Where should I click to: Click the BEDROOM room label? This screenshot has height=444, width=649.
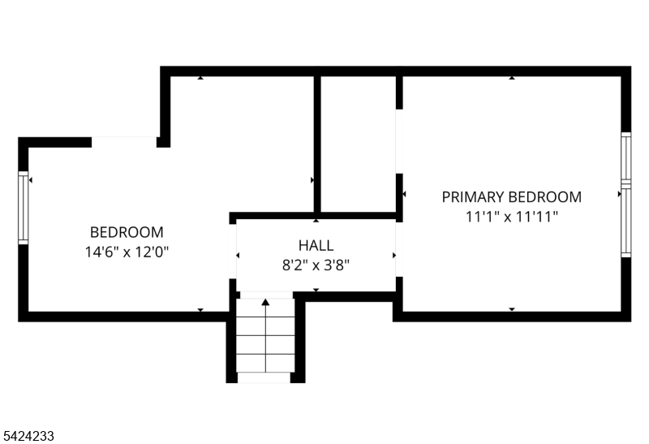(126, 231)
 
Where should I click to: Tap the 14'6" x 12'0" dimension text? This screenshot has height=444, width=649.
(126, 252)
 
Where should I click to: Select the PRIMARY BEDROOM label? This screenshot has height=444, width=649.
(511, 196)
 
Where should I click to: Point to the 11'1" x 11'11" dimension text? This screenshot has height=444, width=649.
(511, 217)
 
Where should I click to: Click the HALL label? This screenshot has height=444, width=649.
(316, 244)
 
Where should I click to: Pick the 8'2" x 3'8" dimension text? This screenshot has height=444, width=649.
(316, 265)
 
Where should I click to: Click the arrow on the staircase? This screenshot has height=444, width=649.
(264, 302)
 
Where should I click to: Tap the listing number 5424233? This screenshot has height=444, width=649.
(28, 436)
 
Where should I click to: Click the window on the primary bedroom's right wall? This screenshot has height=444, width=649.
(625, 195)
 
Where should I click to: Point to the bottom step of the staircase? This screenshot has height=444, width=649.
(264, 364)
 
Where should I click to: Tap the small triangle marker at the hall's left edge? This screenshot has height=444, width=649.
(238, 255)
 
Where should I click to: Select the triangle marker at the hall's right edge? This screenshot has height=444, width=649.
(394, 255)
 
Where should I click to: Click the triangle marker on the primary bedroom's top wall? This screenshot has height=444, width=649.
(512, 78)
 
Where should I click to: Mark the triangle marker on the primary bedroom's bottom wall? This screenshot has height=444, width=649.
(512, 309)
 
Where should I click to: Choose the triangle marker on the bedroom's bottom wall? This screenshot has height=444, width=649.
(200, 310)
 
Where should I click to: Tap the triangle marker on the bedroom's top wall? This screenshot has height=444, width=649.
(200, 78)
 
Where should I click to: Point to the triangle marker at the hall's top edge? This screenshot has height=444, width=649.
(316, 221)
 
